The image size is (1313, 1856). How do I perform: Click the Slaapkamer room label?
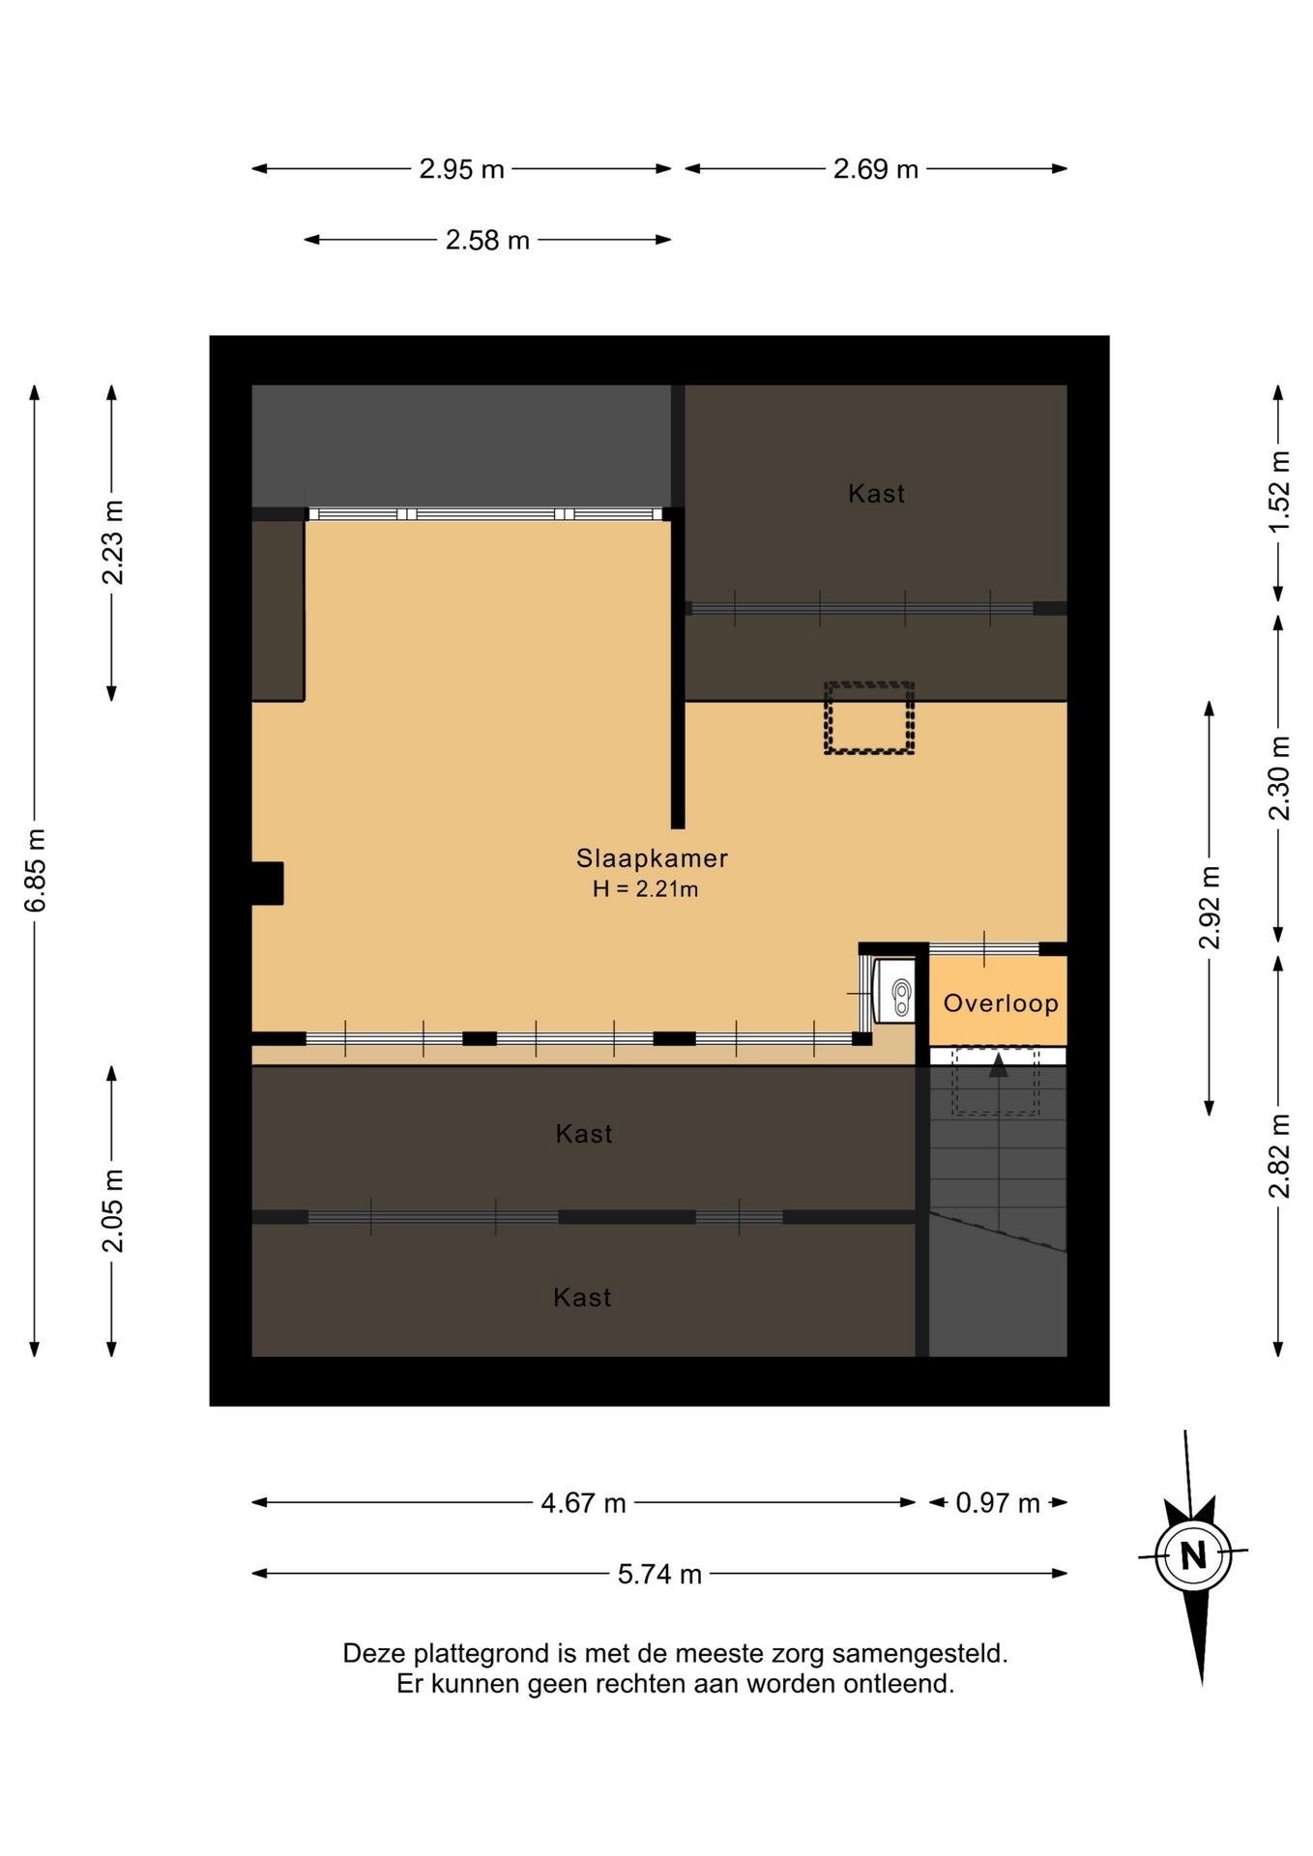652,857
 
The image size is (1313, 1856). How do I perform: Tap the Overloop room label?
1001,1003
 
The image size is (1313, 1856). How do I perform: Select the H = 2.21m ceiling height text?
645,889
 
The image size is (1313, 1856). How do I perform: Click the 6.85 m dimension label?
35,870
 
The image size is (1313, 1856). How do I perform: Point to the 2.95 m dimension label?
461,169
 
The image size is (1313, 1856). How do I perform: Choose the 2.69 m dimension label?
875,169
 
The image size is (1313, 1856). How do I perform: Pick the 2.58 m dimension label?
487,240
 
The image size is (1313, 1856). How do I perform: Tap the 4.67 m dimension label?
583,1503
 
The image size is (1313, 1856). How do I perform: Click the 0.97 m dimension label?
998,1503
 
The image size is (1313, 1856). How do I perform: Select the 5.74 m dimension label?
659,1575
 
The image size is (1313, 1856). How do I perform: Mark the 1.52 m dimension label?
1279,491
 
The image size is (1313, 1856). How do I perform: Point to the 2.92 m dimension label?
1210,908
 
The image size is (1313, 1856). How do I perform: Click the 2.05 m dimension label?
113,1210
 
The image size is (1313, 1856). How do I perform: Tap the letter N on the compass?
1193,1555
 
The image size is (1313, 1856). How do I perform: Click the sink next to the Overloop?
894,991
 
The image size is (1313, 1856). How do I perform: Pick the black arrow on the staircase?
999,1065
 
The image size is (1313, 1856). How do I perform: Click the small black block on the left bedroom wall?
268,884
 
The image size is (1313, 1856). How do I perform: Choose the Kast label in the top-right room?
876,494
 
